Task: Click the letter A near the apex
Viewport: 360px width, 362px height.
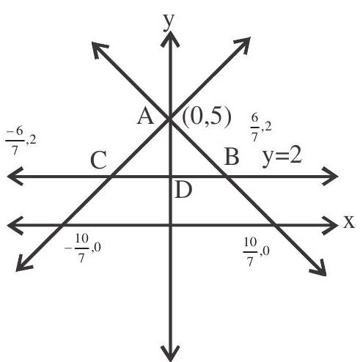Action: coord(146,117)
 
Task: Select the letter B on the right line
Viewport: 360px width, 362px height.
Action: coord(232,157)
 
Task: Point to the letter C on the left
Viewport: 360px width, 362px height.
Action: coord(98,160)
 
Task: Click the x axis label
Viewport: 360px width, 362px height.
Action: coord(349,222)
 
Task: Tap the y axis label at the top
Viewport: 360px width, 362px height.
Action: coord(169,22)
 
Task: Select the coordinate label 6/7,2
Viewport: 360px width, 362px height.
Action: coord(261,128)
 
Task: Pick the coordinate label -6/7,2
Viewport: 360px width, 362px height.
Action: coord(21,141)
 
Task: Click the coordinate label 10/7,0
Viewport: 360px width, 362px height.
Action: coord(257,252)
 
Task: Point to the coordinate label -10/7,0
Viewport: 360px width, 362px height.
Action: coord(83,248)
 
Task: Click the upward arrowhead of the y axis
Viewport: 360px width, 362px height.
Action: coord(170,39)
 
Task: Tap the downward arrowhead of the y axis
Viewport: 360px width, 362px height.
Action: coord(171,353)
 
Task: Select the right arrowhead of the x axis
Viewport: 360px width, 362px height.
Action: coord(330,225)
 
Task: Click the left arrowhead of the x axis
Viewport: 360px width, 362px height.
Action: coord(15,225)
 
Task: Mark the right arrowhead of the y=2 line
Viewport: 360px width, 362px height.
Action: coord(330,176)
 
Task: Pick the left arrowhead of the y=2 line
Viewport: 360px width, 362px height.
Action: coord(15,176)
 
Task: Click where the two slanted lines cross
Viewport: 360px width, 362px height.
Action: coord(169,119)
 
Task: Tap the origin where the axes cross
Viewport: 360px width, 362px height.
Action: coord(170,225)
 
